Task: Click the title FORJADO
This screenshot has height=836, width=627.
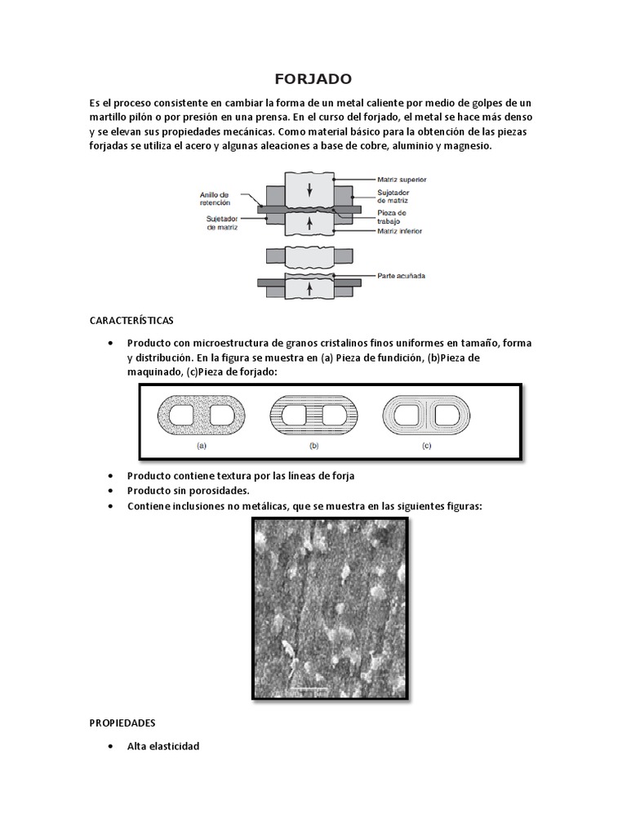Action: click(x=313, y=79)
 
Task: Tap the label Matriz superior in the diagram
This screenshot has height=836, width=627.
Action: click(x=402, y=179)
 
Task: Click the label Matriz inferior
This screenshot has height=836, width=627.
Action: click(x=400, y=231)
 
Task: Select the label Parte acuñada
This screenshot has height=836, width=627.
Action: click(x=401, y=276)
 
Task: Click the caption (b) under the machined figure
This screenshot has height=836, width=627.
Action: click(x=314, y=447)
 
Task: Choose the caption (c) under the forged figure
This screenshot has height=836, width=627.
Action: click(x=426, y=447)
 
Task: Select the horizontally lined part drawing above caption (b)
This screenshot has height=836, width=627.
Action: click(x=313, y=416)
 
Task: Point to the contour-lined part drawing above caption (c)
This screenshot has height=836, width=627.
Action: click(x=426, y=416)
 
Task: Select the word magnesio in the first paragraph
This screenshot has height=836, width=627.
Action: click(x=465, y=146)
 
